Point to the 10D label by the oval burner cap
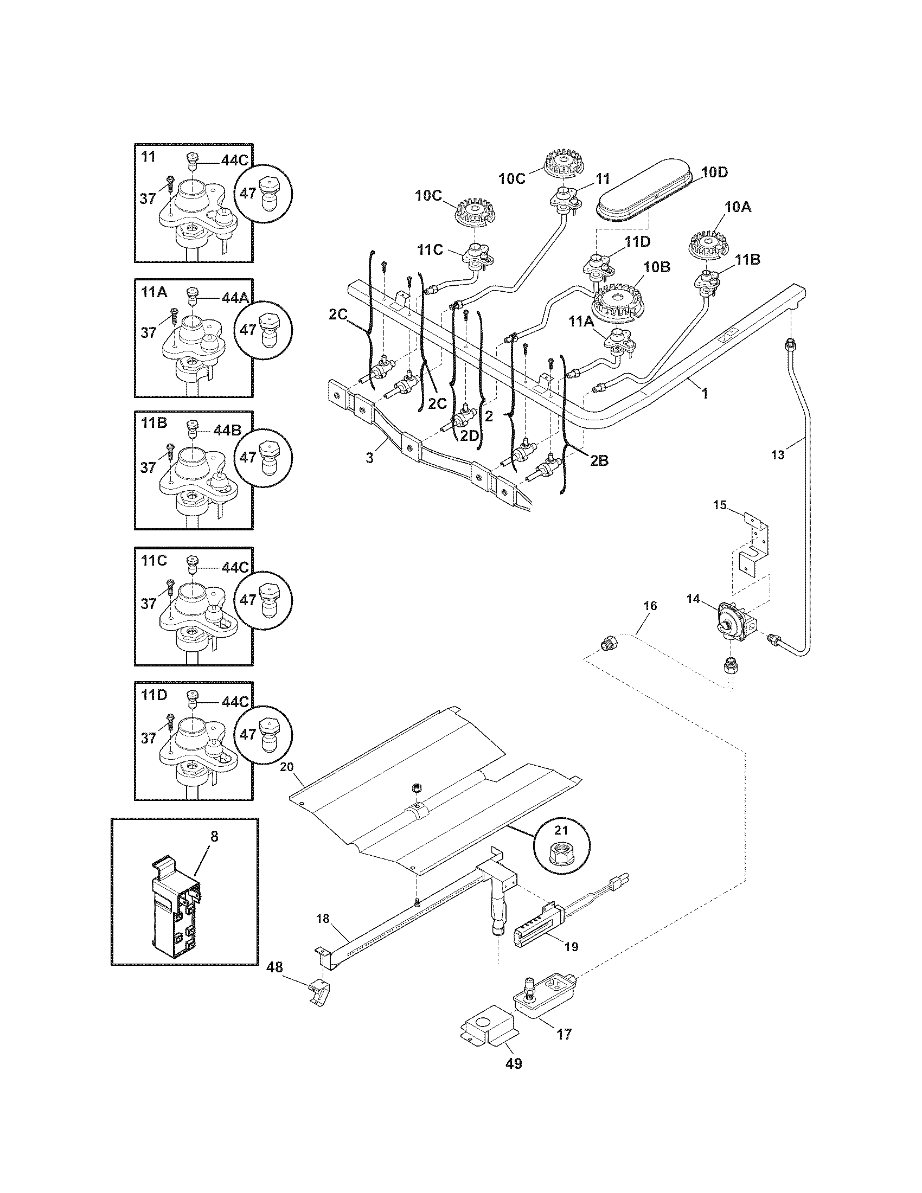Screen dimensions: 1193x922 714,172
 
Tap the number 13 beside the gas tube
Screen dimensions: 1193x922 777,454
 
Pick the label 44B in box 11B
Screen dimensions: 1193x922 227,430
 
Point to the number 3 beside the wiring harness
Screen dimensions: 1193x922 370,458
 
